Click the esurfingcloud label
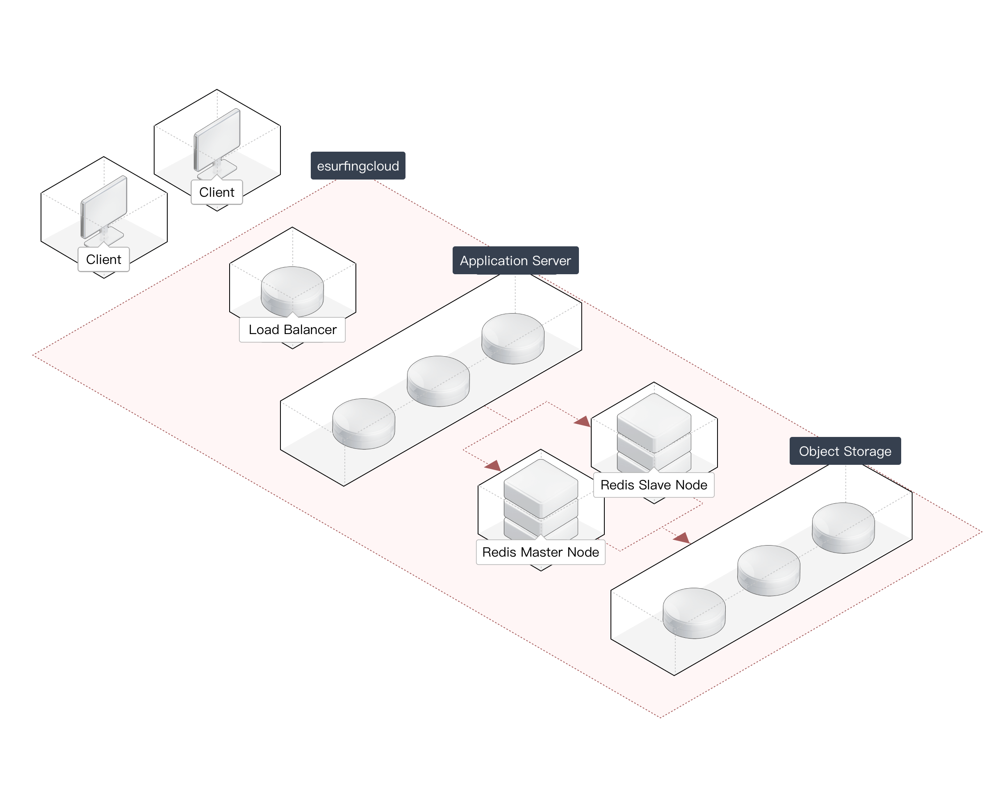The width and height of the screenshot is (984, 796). [358, 166]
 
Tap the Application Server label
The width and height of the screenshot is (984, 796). [515, 260]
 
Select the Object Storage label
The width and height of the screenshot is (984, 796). [845, 451]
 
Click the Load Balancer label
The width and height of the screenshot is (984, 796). [292, 330]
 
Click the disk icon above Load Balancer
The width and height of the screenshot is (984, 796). [292, 290]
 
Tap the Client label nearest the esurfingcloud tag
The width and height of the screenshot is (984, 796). [216, 192]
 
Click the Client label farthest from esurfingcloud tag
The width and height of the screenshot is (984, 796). [104, 259]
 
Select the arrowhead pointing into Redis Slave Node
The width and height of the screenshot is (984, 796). [583, 421]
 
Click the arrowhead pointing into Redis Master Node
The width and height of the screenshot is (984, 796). [493, 466]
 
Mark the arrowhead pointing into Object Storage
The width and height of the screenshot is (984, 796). [682, 537]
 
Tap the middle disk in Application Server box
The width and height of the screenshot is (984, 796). [438, 380]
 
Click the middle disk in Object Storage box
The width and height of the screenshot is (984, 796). [768, 570]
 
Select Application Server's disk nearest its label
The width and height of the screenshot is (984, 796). [512, 338]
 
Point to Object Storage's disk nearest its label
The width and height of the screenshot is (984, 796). [843, 527]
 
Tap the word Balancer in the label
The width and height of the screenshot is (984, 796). [310, 330]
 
